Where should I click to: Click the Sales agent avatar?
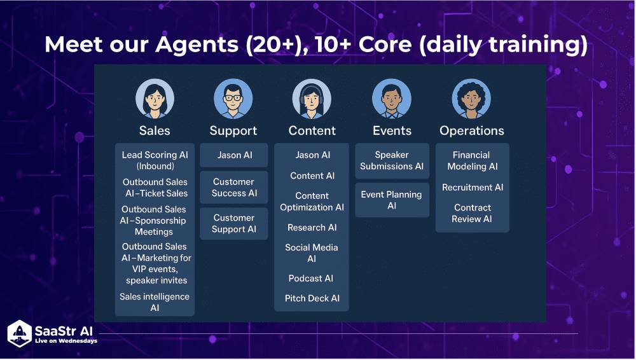point(155,99)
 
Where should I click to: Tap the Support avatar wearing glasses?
point(233,99)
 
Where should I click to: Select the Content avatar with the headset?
point(312,99)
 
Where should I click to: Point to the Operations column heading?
point(471,130)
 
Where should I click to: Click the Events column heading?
point(392,130)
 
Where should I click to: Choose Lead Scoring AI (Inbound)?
point(155,160)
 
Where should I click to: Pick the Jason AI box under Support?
point(234,155)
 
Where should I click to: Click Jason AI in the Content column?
point(312,155)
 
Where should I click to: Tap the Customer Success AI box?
point(234,188)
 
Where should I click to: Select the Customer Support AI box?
point(234,223)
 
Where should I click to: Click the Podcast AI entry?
point(311,279)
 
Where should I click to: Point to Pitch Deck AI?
point(312,298)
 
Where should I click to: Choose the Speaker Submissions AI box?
point(392,160)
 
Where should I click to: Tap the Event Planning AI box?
point(392,200)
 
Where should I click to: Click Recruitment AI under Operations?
point(472,188)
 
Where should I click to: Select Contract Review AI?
point(472,213)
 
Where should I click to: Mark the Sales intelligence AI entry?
point(155,302)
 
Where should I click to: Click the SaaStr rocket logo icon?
point(19,334)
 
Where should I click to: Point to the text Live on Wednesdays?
point(66,342)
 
